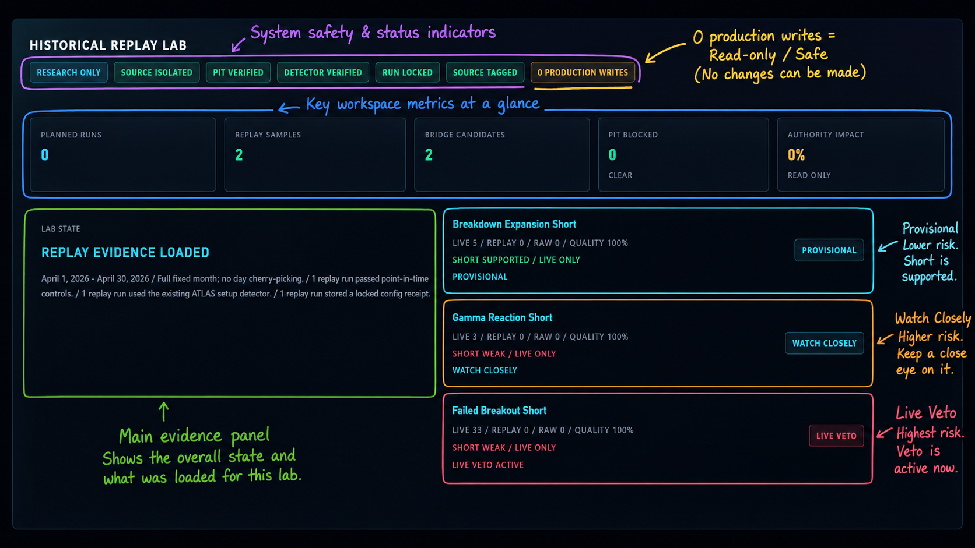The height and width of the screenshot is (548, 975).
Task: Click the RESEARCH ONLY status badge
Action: [68, 73]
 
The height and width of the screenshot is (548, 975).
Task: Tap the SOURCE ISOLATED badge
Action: [157, 73]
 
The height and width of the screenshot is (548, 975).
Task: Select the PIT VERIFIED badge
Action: [238, 73]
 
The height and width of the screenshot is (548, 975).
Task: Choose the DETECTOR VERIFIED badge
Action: [323, 73]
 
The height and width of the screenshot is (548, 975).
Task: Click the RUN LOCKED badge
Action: [408, 73]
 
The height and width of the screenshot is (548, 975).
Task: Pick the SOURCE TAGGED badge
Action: [485, 73]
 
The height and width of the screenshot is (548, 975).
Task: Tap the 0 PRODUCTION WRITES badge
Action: [583, 73]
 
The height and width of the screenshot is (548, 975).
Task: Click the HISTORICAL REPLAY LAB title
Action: [108, 45]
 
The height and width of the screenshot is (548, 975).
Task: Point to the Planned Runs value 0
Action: [45, 155]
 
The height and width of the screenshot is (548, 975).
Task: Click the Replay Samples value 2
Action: [239, 155]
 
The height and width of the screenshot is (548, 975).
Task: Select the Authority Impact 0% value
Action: [796, 155]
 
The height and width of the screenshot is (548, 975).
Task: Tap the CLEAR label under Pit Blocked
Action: [620, 175]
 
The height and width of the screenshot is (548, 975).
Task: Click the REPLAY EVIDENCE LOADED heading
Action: [125, 253]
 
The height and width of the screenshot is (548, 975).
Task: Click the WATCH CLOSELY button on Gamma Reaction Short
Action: [825, 344]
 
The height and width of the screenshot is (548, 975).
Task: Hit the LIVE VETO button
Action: [836, 436]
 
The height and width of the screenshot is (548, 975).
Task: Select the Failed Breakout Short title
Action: [499, 411]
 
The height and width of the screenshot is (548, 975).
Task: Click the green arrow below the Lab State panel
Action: [164, 412]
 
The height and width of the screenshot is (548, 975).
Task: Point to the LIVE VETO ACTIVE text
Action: [488, 465]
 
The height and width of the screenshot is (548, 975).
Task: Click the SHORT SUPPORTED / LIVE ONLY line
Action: [516, 260]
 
